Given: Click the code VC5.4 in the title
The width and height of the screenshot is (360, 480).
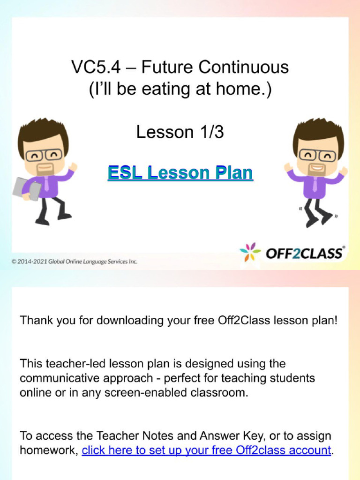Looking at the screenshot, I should [95, 68].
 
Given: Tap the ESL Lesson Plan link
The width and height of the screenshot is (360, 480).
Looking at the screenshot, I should [180, 173].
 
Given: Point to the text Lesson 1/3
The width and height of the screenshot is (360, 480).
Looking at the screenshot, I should [180, 133].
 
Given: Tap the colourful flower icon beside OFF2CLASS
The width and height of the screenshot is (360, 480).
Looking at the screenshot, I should [250, 252].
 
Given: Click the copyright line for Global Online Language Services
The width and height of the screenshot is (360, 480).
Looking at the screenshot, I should [75, 261].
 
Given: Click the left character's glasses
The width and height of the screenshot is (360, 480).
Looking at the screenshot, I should [44, 155].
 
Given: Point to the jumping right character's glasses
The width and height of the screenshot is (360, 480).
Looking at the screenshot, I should [317, 155].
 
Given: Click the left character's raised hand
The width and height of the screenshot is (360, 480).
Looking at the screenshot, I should [73, 167].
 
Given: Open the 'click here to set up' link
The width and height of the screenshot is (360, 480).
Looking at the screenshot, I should [206, 450].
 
